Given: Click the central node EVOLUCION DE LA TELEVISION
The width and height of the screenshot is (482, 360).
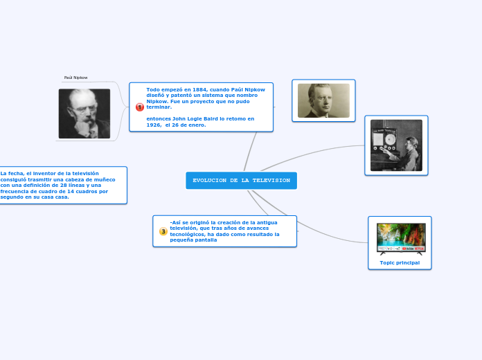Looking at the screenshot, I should tap(241, 181).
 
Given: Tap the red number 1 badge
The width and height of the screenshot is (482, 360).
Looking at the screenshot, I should tap(139, 107).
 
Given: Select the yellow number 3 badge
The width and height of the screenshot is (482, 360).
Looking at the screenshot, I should tap(163, 231).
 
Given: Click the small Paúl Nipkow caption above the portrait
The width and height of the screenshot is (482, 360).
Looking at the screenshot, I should tap(75, 78).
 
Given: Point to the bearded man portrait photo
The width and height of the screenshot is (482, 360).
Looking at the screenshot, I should tap(84, 114).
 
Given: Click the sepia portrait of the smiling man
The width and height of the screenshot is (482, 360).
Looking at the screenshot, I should tap(323, 101).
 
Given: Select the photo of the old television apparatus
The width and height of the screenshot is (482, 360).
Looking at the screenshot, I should tap(396, 145).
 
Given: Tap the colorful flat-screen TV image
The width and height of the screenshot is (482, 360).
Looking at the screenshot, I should tap(400, 238).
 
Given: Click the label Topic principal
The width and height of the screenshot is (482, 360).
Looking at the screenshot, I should tap(400, 262).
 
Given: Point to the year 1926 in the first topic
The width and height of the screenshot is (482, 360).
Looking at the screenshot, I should tap(154, 125).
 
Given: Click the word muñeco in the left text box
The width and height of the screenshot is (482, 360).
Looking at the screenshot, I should tap(103, 179).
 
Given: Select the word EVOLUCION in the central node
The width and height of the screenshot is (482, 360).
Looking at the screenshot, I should tap(210, 181).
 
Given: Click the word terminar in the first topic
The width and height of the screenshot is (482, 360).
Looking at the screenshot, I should tap(159, 107).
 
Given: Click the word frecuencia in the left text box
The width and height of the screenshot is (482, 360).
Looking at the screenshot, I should tap(15, 190).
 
